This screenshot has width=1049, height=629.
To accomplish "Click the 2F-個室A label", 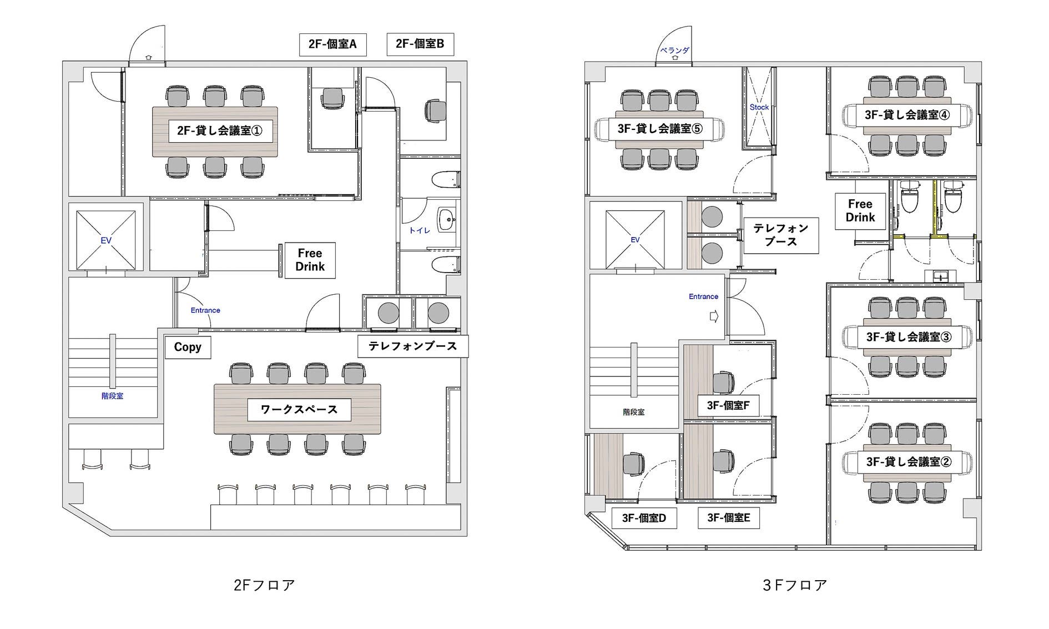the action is tap(332, 44).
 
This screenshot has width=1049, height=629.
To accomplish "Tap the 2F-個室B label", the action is tap(420, 44).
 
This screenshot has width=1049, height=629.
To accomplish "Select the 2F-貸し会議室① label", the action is tap(220, 131).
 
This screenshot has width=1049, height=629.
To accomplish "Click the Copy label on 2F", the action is tap(188, 347).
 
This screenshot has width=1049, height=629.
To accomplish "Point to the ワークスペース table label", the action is tap(299, 410).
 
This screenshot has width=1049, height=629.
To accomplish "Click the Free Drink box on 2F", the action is tap(310, 260).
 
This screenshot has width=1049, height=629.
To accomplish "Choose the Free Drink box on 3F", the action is tap(860, 211).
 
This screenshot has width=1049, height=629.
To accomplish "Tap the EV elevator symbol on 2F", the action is tap(105, 240).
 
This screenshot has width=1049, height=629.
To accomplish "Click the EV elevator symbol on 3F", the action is tap(636, 240).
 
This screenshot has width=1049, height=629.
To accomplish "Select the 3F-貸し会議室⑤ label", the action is tap(660, 129).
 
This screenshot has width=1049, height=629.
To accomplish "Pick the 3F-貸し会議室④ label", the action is tap(907, 115).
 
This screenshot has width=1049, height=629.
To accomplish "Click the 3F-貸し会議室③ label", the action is tap(909, 337).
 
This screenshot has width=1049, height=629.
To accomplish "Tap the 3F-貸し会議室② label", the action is tap(909, 462).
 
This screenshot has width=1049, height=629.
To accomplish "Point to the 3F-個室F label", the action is tap(728, 406).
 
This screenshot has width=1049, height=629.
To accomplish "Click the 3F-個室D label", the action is tap(644, 518).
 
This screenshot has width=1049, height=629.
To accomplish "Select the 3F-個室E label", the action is tap(729, 518).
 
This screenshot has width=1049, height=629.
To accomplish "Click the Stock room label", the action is tap(759, 107).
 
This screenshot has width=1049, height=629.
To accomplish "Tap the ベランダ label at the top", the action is tap(674, 51).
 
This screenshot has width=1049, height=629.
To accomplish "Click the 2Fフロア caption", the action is tap(264, 585).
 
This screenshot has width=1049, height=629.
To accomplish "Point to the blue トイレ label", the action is tap(420, 230).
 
